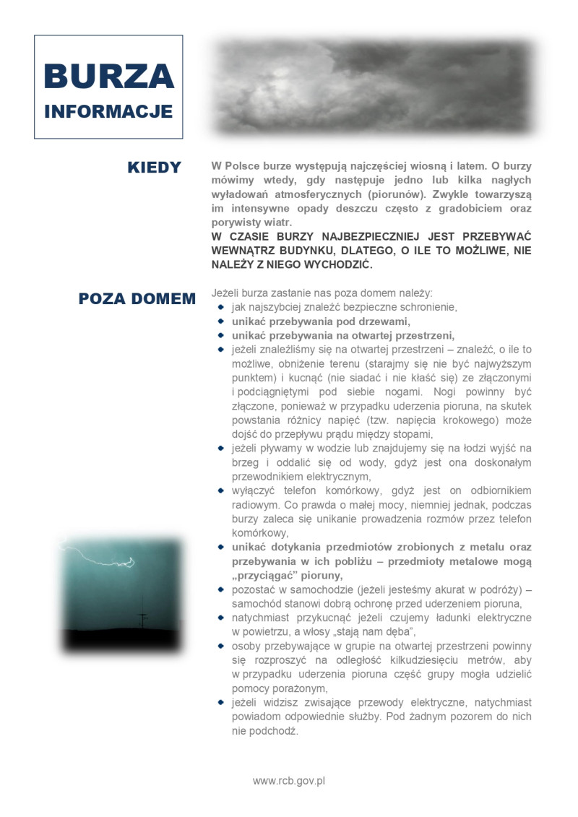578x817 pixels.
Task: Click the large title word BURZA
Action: point(108,77)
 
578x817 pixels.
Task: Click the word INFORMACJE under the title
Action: point(108,112)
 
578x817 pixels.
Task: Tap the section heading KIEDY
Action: point(154,168)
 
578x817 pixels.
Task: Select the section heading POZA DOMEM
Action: point(137,299)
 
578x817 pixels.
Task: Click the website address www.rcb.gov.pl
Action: point(289,780)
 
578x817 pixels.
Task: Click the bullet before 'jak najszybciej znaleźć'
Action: point(221,307)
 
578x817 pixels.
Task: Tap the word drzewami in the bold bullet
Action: point(382,321)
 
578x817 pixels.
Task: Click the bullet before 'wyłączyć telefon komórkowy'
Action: point(221,490)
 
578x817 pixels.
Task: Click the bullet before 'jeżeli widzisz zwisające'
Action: point(221,702)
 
